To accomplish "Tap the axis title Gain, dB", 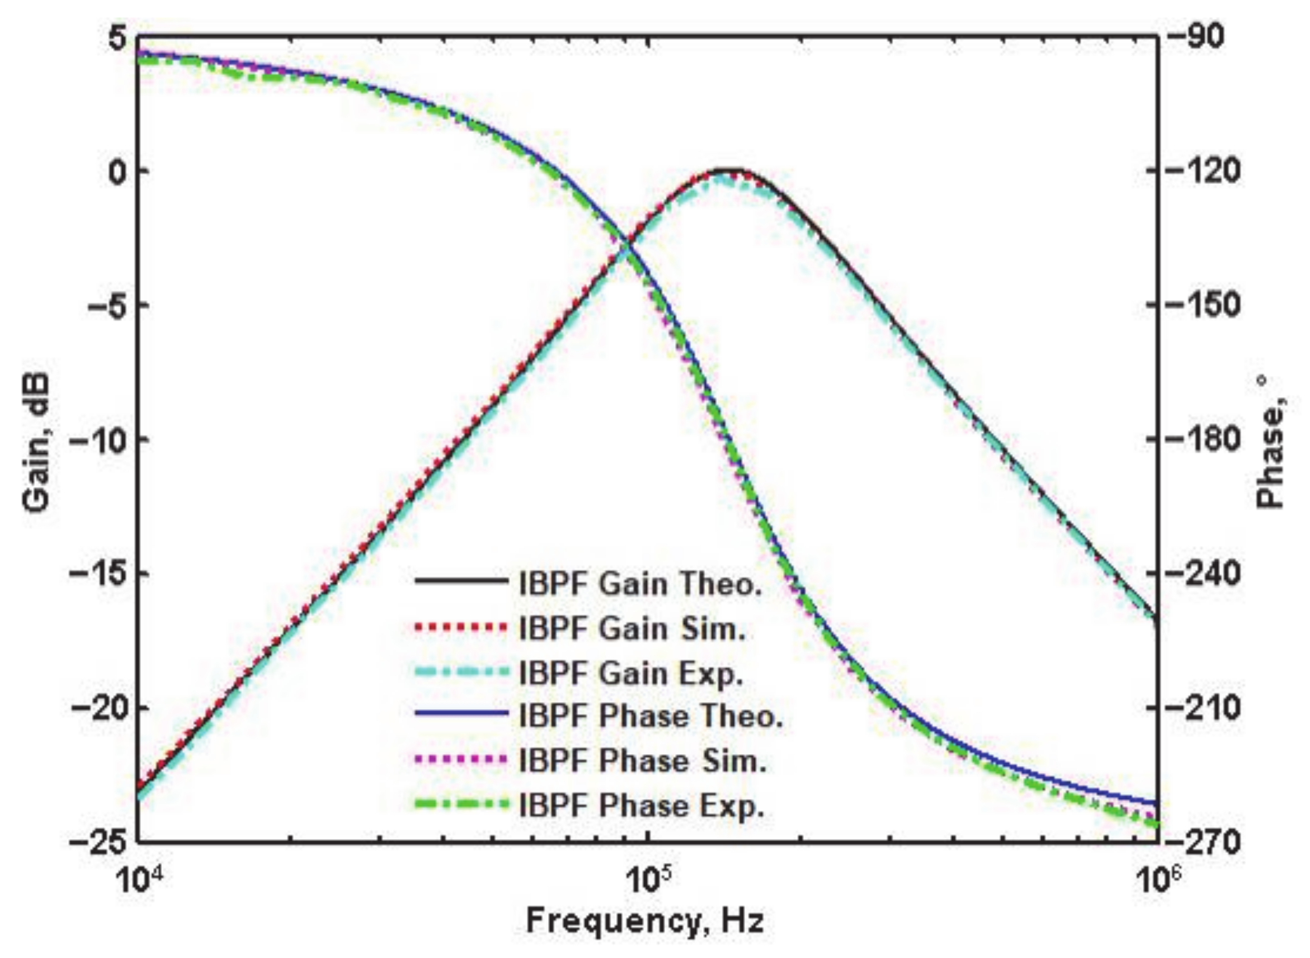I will tap(39, 440).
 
